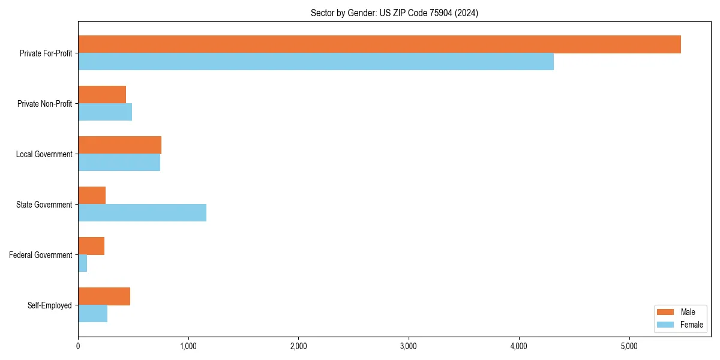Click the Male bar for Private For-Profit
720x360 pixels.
(x=379, y=44)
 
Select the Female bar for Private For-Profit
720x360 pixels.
(x=316, y=62)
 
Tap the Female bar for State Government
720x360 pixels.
(x=142, y=213)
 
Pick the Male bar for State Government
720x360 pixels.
(x=92, y=196)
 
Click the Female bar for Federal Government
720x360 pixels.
(x=83, y=263)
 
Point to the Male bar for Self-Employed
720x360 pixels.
(x=104, y=296)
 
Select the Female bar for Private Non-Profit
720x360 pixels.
(x=105, y=112)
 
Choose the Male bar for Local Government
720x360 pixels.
(x=119, y=145)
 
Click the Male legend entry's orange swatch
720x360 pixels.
(x=666, y=312)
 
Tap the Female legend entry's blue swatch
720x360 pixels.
(x=666, y=325)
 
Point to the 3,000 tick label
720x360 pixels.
(x=409, y=346)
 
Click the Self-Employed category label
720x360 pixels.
(x=50, y=305)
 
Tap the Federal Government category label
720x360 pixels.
(x=41, y=255)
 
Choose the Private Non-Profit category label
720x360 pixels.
(x=44, y=104)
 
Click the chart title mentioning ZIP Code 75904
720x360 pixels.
(x=394, y=13)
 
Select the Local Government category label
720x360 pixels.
(x=44, y=154)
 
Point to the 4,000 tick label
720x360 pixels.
(x=518, y=346)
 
